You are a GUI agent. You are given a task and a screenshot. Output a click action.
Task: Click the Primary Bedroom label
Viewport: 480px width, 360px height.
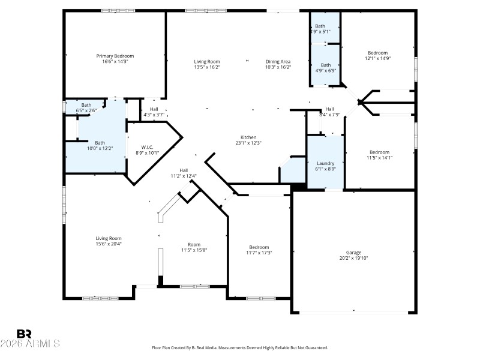(x=115, y=56)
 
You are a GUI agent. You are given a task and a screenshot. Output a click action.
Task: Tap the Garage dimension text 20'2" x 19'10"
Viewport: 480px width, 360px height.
(x=353, y=259)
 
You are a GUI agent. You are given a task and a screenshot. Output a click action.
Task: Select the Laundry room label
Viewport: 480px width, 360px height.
(x=325, y=163)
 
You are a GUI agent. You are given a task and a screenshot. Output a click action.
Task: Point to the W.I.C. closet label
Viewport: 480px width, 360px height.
(x=148, y=147)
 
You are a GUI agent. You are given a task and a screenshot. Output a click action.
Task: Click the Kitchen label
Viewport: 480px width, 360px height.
(x=248, y=137)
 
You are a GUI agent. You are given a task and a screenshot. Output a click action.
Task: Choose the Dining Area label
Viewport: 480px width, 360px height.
(x=278, y=61)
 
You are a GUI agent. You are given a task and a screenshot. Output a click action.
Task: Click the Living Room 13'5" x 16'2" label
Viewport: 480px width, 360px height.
(x=206, y=61)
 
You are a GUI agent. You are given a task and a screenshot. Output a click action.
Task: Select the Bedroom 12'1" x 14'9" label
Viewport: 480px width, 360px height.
(x=377, y=53)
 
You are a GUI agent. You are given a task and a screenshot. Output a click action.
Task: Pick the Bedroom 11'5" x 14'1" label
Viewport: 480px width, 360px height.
(x=379, y=152)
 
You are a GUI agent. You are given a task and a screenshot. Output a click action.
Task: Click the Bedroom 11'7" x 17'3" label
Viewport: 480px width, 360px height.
(x=259, y=247)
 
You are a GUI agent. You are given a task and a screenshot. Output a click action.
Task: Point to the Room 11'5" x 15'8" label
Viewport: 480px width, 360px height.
(x=194, y=244)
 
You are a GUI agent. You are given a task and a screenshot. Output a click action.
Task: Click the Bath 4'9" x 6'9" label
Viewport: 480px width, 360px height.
(x=325, y=65)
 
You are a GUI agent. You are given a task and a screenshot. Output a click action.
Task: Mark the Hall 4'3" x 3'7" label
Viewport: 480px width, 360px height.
(x=154, y=109)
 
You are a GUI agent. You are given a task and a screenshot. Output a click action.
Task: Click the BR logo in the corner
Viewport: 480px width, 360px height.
(x=24, y=334)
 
